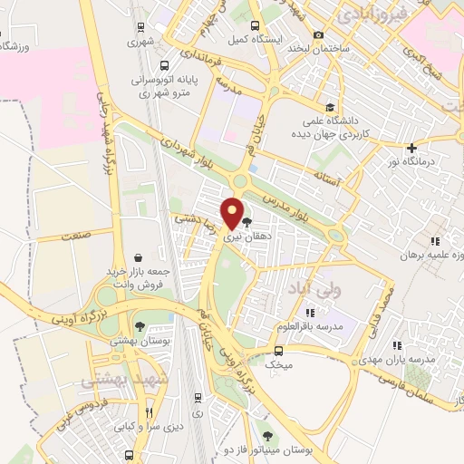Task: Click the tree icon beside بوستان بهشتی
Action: click(138, 327)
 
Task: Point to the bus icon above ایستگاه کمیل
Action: click(254, 25)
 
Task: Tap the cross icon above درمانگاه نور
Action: click(412, 147)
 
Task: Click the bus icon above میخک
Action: click(278, 350)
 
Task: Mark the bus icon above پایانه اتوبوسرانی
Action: click(164, 66)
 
